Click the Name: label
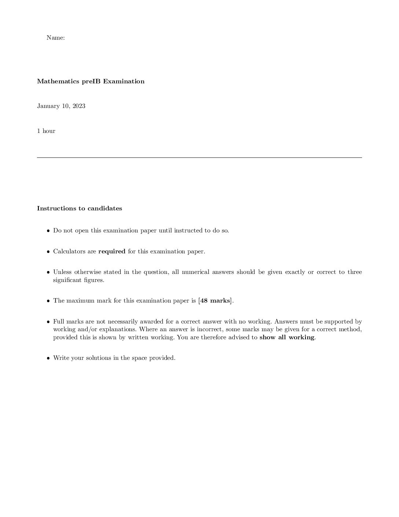(x=56, y=38)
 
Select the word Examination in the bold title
(x=124, y=82)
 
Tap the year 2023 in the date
(x=79, y=106)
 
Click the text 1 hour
(x=46, y=131)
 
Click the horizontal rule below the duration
(x=199, y=158)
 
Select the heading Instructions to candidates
(x=80, y=209)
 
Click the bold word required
(x=112, y=252)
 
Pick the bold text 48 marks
(x=215, y=301)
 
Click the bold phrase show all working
(x=287, y=337)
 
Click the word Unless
(x=62, y=272)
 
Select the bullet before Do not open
(x=48, y=231)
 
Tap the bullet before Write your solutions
(x=48, y=358)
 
